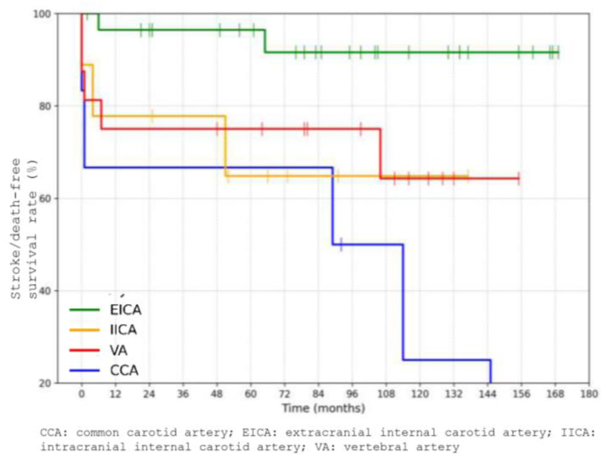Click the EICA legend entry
(125, 310)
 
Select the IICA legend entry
(123, 330)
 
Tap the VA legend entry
(119, 350)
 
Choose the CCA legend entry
(124, 370)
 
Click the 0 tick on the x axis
(82, 394)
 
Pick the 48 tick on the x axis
(217, 394)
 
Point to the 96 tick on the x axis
(352, 394)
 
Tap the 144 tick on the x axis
(487, 394)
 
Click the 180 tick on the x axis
(589, 394)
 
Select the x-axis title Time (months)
(323, 408)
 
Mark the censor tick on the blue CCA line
(341, 244)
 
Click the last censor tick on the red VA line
(518, 178)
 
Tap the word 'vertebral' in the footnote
(376, 447)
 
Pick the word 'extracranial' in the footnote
(328, 433)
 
